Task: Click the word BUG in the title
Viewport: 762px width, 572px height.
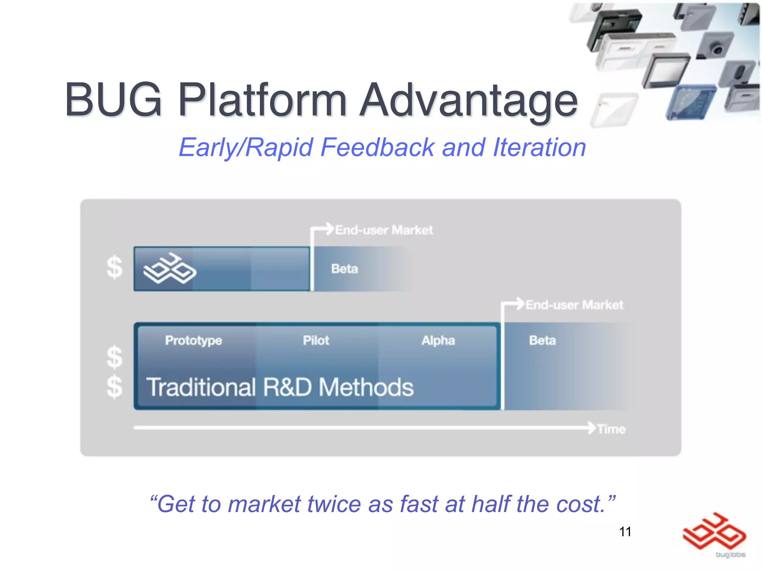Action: (x=113, y=100)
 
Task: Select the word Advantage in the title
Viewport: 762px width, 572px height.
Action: (x=469, y=101)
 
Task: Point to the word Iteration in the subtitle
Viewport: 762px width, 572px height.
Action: (x=539, y=147)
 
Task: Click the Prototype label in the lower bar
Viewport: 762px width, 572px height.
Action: (x=193, y=340)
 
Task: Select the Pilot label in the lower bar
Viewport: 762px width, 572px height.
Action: (x=316, y=340)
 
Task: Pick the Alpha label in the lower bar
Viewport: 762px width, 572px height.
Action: (x=438, y=340)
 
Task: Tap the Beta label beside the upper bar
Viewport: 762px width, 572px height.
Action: (x=345, y=269)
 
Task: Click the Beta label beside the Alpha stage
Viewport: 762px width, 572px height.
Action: (x=542, y=340)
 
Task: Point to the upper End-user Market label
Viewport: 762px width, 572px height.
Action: (x=384, y=230)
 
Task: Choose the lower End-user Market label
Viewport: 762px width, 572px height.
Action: (x=574, y=305)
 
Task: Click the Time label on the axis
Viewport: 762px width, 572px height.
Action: (x=611, y=429)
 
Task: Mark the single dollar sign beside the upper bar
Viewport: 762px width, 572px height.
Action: (x=114, y=267)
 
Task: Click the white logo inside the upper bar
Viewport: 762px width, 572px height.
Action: (x=170, y=268)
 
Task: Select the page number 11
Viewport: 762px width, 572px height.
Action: (x=625, y=532)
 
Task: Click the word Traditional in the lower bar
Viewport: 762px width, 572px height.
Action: (x=201, y=387)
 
